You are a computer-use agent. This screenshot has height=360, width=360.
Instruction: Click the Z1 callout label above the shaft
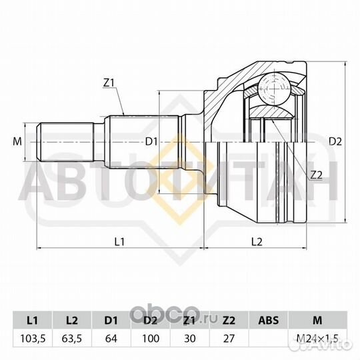(x=109, y=83)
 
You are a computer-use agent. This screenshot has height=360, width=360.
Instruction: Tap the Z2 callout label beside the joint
(x=317, y=175)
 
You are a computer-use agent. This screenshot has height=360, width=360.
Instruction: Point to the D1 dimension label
(x=151, y=142)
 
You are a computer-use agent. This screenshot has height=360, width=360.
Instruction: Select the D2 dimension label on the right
(x=335, y=141)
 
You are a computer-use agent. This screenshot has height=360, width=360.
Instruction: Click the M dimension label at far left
(x=17, y=141)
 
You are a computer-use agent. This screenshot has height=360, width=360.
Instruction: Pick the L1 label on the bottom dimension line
(x=119, y=241)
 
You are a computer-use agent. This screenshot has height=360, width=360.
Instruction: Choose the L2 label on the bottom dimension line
(x=257, y=241)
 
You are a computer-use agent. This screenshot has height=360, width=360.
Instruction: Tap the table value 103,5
(x=33, y=339)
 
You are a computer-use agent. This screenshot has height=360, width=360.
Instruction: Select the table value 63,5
(x=72, y=339)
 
